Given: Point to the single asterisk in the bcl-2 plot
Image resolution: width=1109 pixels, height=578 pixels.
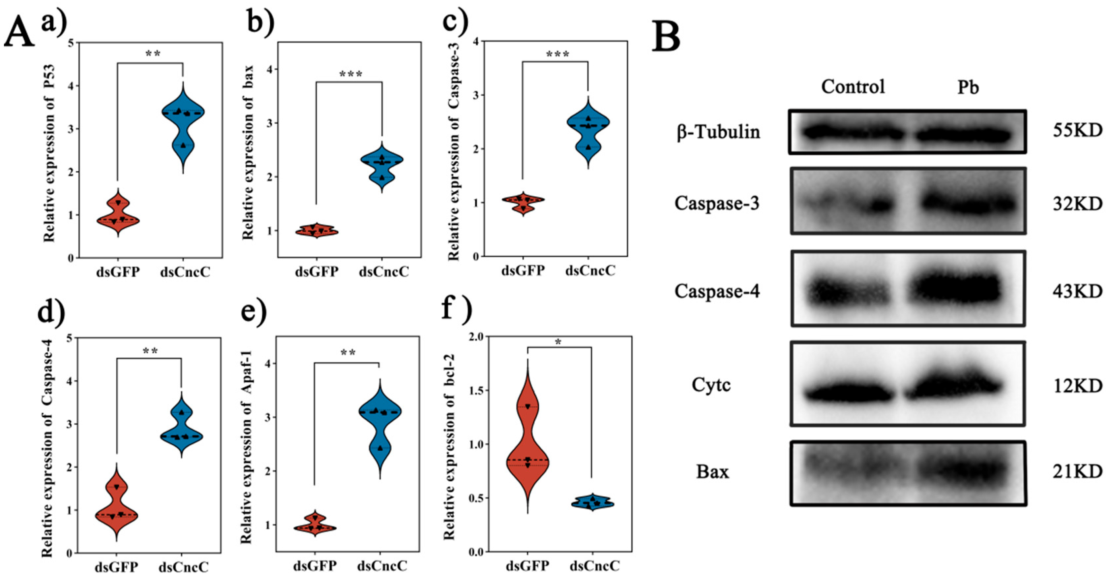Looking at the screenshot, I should tap(558, 342).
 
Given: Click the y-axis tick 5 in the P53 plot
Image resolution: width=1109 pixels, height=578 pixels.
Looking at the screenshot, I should tap(70, 43).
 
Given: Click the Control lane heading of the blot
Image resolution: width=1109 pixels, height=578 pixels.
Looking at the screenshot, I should tap(853, 87).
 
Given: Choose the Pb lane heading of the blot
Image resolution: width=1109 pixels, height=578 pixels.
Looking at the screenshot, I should tap(968, 88).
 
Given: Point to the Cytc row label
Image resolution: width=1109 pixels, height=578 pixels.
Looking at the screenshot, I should tap(711, 385).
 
